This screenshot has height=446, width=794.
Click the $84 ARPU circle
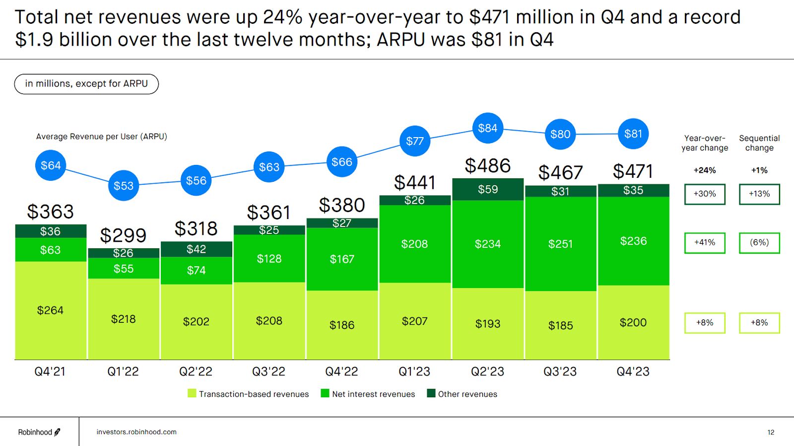click(487, 128)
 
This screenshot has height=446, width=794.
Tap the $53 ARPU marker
click(124, 186)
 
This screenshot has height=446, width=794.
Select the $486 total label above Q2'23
click(487, 166)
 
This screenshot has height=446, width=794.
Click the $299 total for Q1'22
click(123, 235)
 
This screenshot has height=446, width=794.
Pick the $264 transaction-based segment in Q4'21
click(51, 310)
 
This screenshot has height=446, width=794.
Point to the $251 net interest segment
click(560, 244)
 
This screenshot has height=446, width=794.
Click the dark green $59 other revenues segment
click(488, 189)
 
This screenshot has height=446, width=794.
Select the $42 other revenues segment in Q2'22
click(196, 249)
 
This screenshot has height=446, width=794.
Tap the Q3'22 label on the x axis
click(268, 372)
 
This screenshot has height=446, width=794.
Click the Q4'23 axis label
click(633, 372)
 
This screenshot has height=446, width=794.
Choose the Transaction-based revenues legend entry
click(248, 394)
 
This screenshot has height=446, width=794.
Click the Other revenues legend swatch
click(431, 393)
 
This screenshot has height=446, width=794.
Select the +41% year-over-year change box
click(705, 243)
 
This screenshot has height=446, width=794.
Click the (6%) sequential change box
click(759, 243)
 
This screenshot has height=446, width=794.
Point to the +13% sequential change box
click(759, 194)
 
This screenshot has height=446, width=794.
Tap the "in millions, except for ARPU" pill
click(86, 84)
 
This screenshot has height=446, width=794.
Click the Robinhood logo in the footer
click(39, 432)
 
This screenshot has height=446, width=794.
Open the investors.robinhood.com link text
click(136, 432)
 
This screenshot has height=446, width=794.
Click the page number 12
click(771, 433)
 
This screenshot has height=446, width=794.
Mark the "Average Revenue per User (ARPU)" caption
click(101, 137)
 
